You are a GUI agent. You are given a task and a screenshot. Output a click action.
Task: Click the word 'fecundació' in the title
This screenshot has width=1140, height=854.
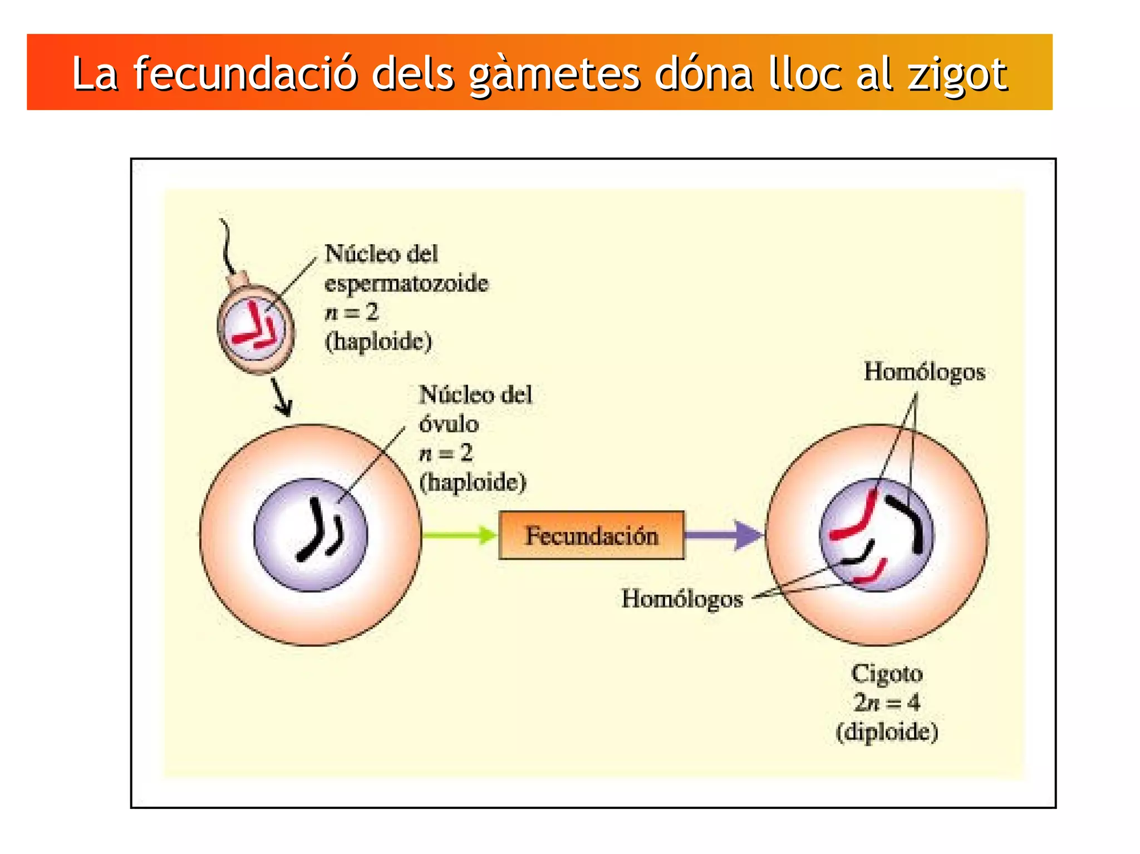tap(245, 74)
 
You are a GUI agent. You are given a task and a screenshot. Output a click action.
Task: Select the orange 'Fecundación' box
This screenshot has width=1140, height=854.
tap(591, 535)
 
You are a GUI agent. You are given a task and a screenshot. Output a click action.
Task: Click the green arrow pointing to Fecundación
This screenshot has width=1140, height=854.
tap(459, 535)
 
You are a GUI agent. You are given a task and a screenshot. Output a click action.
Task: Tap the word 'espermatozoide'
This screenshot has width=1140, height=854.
tap(406, 284)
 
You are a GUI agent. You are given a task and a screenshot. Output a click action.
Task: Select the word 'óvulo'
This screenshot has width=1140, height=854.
tap(449, 424)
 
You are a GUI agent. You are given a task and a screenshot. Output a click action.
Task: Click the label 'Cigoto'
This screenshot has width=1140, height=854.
tap(887, 674)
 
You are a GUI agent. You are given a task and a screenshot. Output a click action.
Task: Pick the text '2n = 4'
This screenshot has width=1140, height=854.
tap(887, 703)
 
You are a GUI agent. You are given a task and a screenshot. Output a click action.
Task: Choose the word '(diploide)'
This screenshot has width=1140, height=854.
tap(887, 732)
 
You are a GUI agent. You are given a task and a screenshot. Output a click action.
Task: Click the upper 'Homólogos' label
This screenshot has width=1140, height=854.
tap(924, 372)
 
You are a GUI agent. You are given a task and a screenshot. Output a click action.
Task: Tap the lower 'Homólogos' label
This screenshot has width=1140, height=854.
tap(682, 599)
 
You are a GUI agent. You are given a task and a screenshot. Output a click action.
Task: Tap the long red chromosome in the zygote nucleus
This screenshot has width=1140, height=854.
tap(857, 517)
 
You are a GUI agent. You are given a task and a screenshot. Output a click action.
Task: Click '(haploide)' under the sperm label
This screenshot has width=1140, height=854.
tap(379, 342)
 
